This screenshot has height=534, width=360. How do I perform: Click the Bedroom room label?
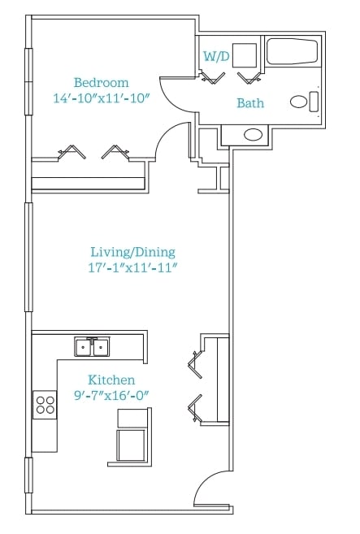[101, 83]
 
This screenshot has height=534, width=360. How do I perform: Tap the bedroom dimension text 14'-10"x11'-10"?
[102, 98]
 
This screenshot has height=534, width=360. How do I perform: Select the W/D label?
[216, 56]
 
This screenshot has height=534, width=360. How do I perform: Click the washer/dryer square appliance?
[245, 54]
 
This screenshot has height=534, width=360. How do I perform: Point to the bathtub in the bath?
[292, 51]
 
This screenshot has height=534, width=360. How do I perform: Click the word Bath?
[250, 103]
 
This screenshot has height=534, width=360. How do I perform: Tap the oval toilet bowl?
[299, 102]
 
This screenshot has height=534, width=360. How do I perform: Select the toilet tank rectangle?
[314, 102]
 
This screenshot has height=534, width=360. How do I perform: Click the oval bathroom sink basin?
[253, 135]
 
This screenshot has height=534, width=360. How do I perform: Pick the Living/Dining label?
[132, 252]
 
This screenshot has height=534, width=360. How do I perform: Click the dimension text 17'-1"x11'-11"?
[132, 267]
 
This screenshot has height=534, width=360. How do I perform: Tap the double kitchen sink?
[92, 347]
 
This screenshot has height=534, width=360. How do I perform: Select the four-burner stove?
[45, 405]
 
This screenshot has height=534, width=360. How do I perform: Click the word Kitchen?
[111, 380]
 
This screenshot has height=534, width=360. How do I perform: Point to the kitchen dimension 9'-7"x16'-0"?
[111, 395]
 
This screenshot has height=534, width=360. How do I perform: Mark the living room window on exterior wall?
[28, 257]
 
